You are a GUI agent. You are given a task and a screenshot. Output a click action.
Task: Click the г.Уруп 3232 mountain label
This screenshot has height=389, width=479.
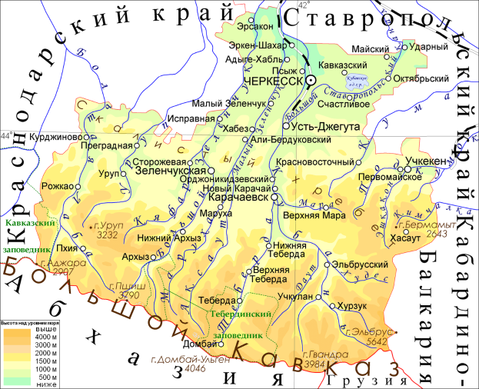coord(105,231)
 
